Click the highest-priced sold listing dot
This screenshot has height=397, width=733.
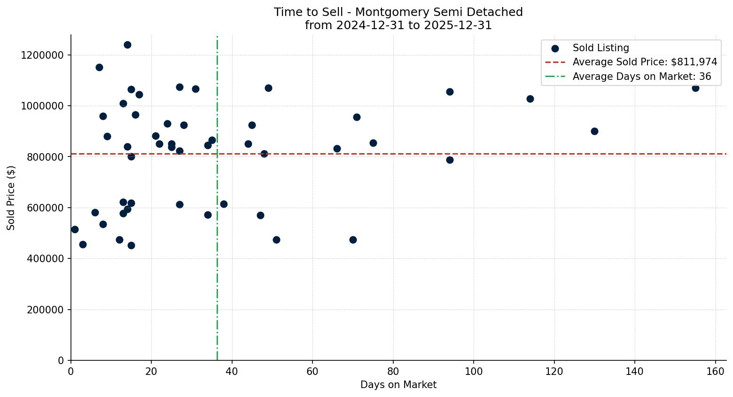tap(127, 45)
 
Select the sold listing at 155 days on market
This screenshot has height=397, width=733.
tap(695, 88)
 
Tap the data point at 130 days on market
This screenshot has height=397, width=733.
tap(594, 131)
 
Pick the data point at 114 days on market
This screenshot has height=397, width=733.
tap(530, 99)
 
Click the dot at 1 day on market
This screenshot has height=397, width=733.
tap(75, 229)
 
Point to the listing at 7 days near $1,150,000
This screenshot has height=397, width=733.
tap(99, 67)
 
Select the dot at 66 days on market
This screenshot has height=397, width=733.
tap(337, 148)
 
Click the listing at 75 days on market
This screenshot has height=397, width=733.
tap(373, 143)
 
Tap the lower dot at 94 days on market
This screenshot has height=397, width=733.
tap(450, 160)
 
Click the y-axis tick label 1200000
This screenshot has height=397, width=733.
tap(42, 55)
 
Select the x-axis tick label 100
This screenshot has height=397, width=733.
tap(474, 371)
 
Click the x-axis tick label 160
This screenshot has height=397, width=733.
tap(715, 371)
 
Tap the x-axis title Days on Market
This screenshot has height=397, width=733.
tap(398, 385)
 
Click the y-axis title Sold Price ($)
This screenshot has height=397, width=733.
tap(11, 198)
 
